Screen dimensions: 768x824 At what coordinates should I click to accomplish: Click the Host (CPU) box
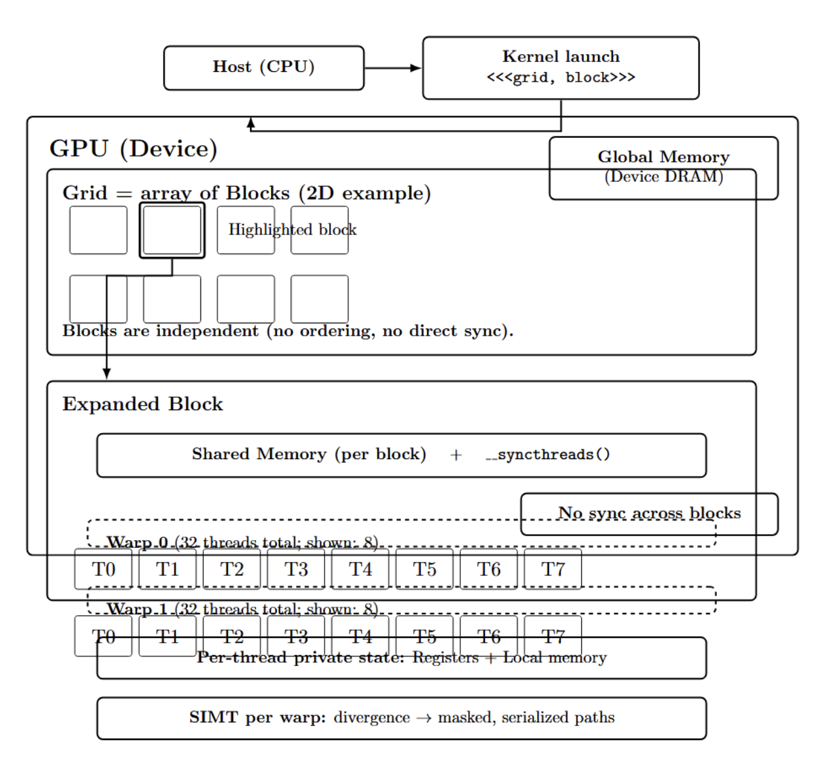[x=263, y=67]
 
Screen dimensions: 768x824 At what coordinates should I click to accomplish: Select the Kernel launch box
[x=560, y=67]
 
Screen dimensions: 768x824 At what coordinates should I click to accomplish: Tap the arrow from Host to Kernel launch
[x=392, y=67]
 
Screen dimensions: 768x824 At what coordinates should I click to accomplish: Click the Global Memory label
[x=663, y=157]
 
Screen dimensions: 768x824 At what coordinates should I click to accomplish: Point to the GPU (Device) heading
[x=133, y=149]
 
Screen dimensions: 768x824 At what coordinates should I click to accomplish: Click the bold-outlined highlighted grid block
[x=172, y=230]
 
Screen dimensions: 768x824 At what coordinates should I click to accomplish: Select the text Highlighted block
[x=292, y=230]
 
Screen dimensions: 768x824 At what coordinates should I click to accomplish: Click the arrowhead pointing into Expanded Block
[x=106, y=374]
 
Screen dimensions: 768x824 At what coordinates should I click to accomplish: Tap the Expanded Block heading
[x=142, y=404]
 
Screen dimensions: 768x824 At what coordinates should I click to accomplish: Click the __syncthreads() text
[x=547, y=455]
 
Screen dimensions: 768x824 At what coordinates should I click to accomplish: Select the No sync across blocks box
[x=649, y=513]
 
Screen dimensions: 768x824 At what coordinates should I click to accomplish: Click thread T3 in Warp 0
[x=296, y=569]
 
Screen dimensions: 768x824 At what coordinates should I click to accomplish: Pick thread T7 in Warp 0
[x=552, y=569]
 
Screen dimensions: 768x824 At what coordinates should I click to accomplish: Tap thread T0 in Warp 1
[x=103, y=636]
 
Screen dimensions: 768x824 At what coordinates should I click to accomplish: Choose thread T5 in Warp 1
[x=424, y=636]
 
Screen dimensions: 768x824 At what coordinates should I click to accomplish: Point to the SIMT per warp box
[x=401, y=718]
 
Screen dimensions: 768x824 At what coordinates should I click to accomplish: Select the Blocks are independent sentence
[x=287, y=331]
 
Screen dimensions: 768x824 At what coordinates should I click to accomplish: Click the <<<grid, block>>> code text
[x=560, y=78]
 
